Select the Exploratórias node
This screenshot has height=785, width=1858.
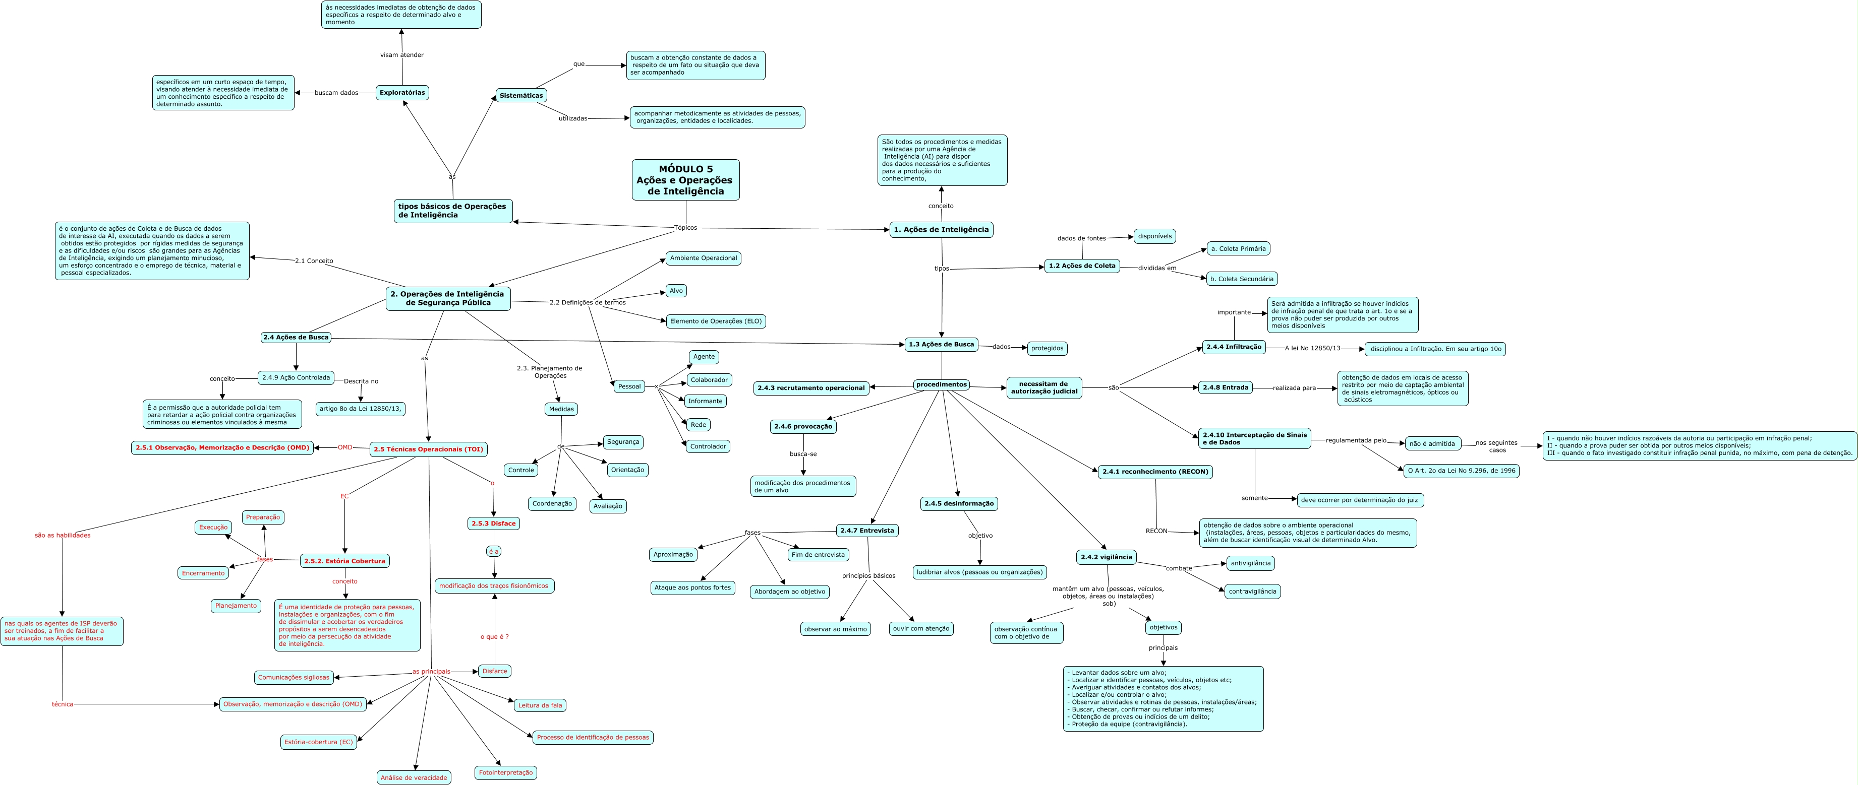tap(402, 92)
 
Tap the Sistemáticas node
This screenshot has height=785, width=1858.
tap(521, 95)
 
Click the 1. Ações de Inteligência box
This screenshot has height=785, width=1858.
tap(941, 229)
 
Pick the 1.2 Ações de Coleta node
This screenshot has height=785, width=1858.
tap(1081, 266)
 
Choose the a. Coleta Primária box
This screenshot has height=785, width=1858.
tap(1238, 249)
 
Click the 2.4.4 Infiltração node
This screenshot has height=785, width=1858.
tap(1234, 347)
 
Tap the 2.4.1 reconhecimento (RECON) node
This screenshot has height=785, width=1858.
tap(1155, 472)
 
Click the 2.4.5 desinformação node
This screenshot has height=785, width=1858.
tap(959, 503)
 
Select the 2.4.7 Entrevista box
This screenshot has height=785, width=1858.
tap(866, 531)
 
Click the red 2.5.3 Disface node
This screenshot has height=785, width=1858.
tap(493, 524)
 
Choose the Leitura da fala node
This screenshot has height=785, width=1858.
tap(540, 705)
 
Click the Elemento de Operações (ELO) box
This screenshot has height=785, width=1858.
tap(715, 321)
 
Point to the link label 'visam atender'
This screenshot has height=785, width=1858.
tap(402, 55)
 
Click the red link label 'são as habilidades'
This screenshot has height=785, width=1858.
tap(63, 535)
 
